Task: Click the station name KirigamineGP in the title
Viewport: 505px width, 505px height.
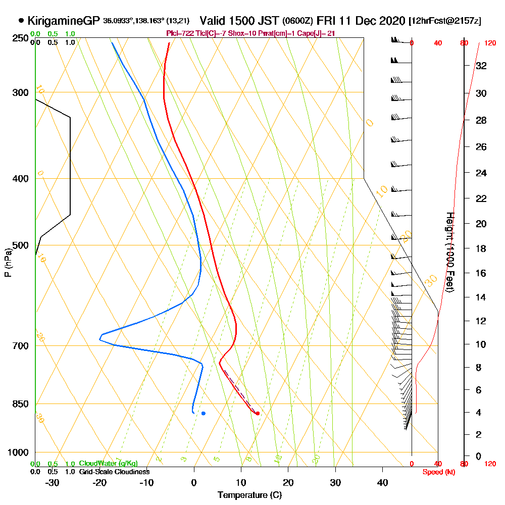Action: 64,21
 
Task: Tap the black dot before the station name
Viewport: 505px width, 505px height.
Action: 21,21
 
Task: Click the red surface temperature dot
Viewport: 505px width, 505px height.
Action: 258,413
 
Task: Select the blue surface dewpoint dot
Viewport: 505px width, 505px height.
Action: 204,413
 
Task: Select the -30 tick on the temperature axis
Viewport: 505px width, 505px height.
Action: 52,483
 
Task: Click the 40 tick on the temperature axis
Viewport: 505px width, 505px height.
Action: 383,483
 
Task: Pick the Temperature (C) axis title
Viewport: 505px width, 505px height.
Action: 249,495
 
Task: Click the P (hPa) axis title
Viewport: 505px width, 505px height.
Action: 8,263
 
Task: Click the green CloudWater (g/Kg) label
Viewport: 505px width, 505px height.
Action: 108,464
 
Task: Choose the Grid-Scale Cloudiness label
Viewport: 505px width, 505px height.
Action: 114,472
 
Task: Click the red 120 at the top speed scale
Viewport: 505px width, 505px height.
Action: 489,43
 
